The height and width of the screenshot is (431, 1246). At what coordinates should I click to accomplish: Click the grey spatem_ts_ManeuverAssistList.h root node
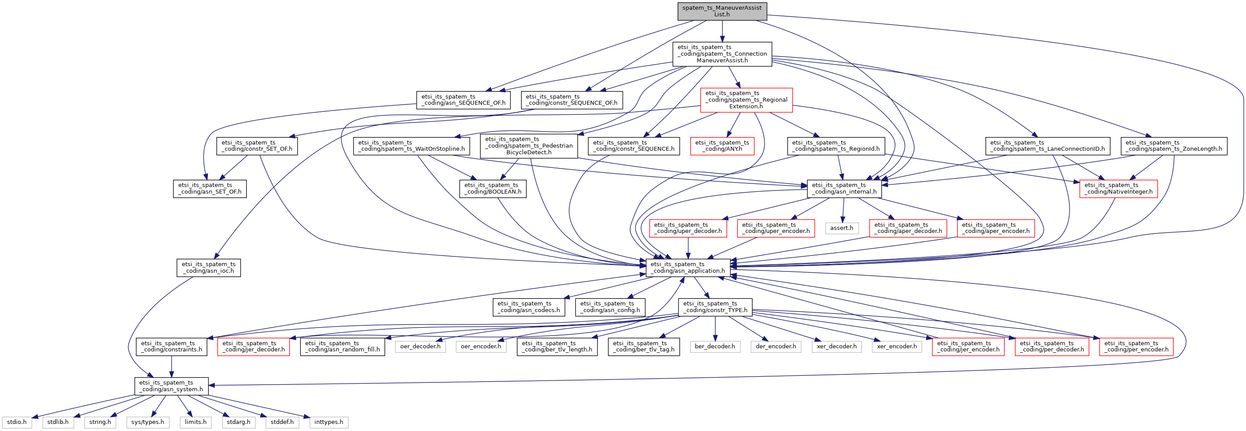pos(722,11)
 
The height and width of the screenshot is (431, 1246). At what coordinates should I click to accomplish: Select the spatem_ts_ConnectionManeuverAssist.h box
pos(722,53)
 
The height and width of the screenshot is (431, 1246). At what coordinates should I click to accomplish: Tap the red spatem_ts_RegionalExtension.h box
pos(746,99)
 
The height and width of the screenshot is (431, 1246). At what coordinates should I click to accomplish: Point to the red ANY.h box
pos(722,145)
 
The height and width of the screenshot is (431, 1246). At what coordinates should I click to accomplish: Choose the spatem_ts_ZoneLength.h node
pos(1173,145)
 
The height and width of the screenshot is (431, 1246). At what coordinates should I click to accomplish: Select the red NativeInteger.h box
pos(1118,188)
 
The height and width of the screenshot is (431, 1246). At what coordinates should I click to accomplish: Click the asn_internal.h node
pos(844,188)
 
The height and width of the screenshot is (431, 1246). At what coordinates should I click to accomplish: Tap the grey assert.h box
pos(842,228)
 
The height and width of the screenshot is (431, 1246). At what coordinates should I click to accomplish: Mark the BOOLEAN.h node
pos(492,188)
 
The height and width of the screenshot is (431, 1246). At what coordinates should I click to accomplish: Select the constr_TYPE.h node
pos(715,307)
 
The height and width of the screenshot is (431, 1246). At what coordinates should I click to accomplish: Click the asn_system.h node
pos(171,385)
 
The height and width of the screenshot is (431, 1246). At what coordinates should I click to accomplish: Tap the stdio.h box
pos(17,422)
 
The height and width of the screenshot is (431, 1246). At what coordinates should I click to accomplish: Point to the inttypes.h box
pos(329,422)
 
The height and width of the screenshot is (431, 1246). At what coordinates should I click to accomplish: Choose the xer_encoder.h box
pos(897,347)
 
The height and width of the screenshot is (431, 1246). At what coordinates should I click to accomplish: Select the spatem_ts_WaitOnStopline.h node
pos(411,145)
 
